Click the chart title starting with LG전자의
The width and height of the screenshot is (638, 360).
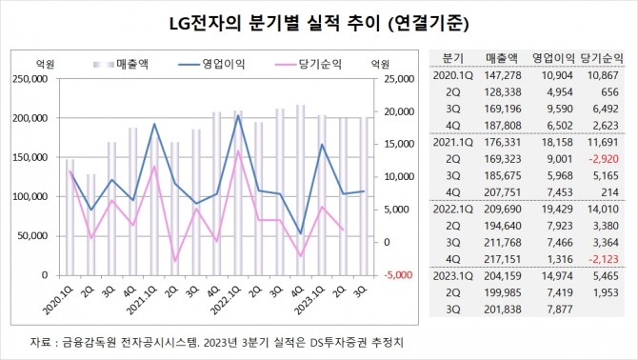tap(319, 20)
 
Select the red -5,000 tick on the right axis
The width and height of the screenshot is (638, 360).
tap(387, 274)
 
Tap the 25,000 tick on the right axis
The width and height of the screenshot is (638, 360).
tap(387, 80)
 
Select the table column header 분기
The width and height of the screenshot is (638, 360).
tap(455, 56)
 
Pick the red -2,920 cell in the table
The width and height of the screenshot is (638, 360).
tap(604, 160)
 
